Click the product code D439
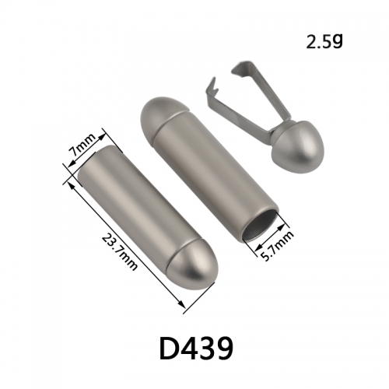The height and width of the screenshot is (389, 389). point(196,349)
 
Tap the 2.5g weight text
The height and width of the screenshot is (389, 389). point(324,41)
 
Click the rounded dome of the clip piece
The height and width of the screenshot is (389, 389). point(298,146)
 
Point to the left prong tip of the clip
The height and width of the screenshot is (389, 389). point(214,78)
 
